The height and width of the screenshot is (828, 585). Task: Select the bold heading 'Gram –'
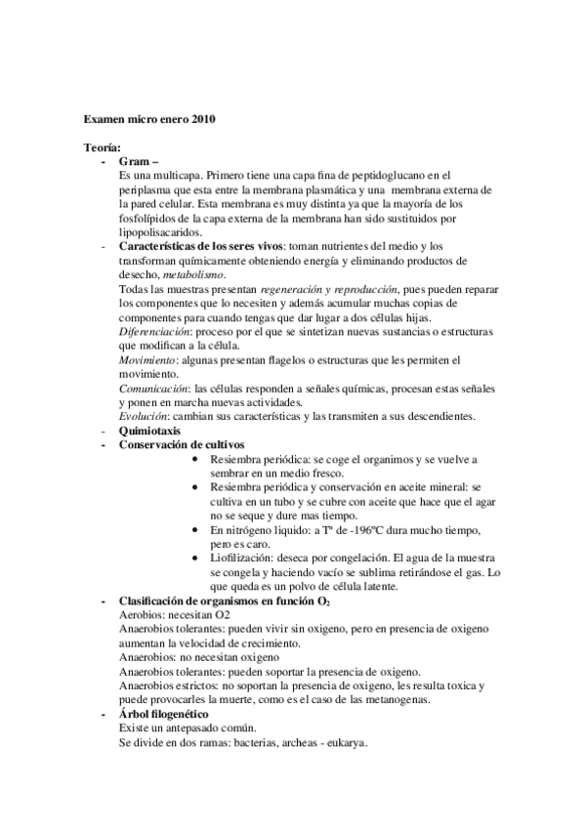click(138, 161)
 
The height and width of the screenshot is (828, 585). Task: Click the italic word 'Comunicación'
click(153, 389)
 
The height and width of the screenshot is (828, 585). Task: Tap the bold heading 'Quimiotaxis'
click(150, 431)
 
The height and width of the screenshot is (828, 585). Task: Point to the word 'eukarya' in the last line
click(347, 743)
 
